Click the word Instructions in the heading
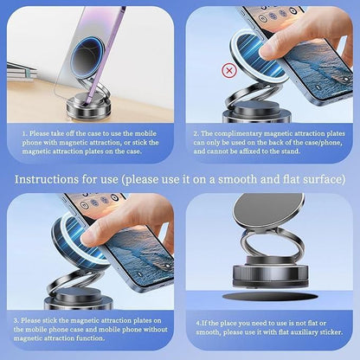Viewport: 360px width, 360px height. pyautogui.click(x=42, y=179)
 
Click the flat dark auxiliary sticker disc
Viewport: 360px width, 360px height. pyautogui.click(x=268, y=297)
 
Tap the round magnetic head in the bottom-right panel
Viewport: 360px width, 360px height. pyautogui.click(x=270, y=210)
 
